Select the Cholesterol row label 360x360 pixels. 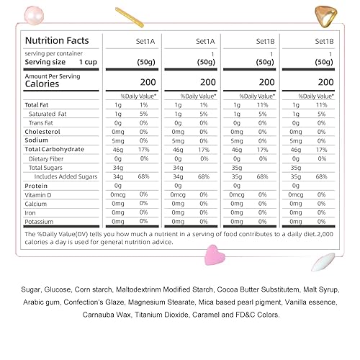click(x=42, y=132)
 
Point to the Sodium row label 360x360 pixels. click(x=37, y=140)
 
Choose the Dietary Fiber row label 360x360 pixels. click(x=47, y=158)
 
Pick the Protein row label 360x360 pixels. click(x=36, y=185)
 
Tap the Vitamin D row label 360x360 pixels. click(x=39, y=194)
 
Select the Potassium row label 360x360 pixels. click(x=39, y=221)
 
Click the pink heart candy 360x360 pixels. click(x=215, y=253)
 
